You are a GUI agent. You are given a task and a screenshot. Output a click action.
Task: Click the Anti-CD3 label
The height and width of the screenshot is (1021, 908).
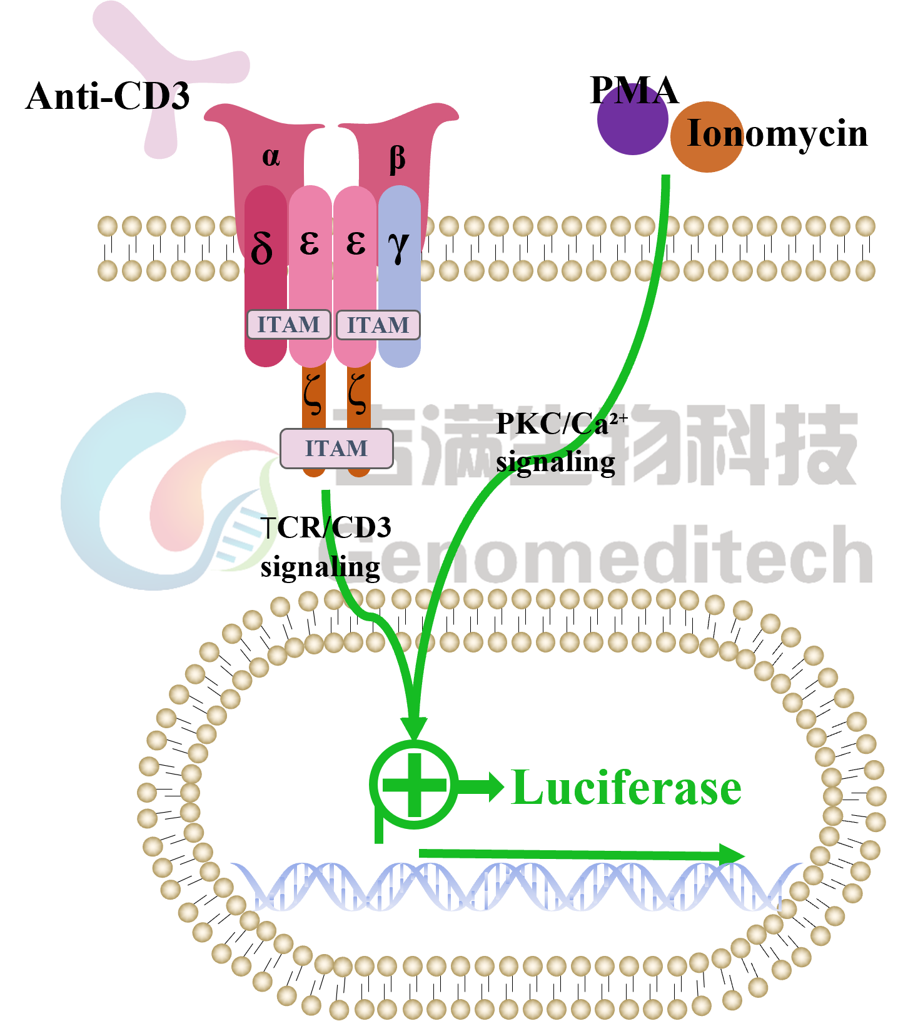[108, 96]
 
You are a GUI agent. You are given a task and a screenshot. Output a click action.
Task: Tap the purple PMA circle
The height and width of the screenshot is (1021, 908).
[632, 119]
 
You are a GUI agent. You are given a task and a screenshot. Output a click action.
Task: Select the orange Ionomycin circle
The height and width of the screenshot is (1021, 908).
[707, 137]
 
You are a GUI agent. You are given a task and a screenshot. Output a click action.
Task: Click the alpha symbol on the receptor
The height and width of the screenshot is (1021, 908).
[271, 156]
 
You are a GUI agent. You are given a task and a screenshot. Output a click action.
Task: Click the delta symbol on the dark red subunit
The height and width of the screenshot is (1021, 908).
[262, 246]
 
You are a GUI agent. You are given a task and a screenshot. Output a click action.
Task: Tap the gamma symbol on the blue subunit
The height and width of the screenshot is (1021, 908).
[398, 246]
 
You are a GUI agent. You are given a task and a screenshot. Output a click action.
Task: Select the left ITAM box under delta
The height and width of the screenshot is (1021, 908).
[288, 325]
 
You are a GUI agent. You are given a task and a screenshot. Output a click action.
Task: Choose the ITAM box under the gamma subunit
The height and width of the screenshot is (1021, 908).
[378, 325]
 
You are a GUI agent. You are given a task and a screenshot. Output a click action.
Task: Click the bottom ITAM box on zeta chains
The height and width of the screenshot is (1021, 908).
[336, 449]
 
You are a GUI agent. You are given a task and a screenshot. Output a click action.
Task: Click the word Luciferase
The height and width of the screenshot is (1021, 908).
[626, 788]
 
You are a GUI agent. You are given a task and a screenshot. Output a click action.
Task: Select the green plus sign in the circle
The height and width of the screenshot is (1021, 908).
[414, 785]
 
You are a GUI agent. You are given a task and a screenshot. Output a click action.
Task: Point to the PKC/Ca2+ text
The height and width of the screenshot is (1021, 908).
[562, 424]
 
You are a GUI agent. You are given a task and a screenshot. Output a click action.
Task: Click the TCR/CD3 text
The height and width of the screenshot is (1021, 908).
[326, 527]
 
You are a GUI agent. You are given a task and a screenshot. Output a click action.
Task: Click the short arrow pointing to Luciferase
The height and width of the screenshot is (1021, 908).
[481, 786]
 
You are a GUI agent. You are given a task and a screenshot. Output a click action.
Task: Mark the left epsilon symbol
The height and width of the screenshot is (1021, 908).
[310, 243]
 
